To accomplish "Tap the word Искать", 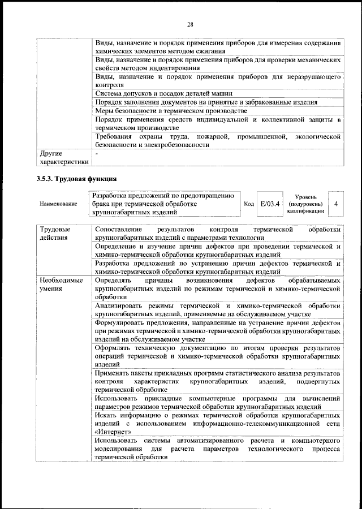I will click(x=106, y=415).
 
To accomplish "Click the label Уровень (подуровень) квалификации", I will click(x=305, y=202).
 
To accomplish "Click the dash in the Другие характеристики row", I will click(x=97, y=153).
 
